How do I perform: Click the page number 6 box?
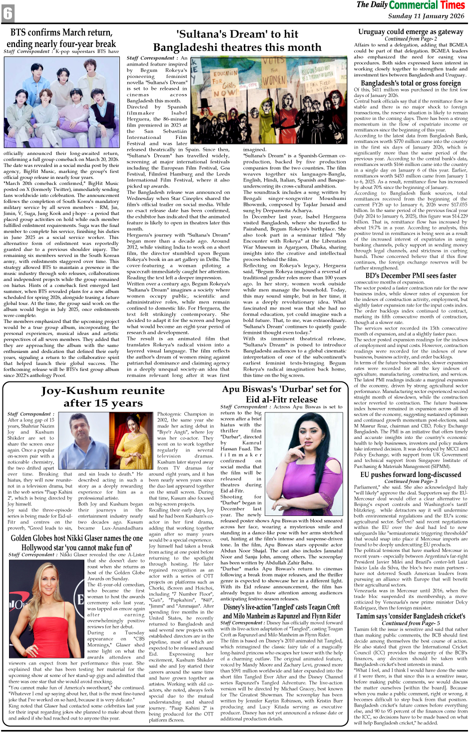coord(8,13)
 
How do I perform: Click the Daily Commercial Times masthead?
coord(410,5)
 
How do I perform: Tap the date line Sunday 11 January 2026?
coord(426,16)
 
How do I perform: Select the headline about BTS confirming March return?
coord(61,38)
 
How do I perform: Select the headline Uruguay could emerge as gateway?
coord(411,31)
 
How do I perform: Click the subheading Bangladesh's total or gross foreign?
coord(411,83)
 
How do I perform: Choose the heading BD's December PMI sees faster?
coord(411,275)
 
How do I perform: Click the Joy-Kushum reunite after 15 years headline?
coord(103,397)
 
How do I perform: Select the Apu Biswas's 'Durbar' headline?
coord(282,394)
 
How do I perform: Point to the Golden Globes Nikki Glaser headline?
coord(77,542)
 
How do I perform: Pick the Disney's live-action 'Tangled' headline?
coord(282,611)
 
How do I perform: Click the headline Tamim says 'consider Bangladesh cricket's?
coord(411,616)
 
